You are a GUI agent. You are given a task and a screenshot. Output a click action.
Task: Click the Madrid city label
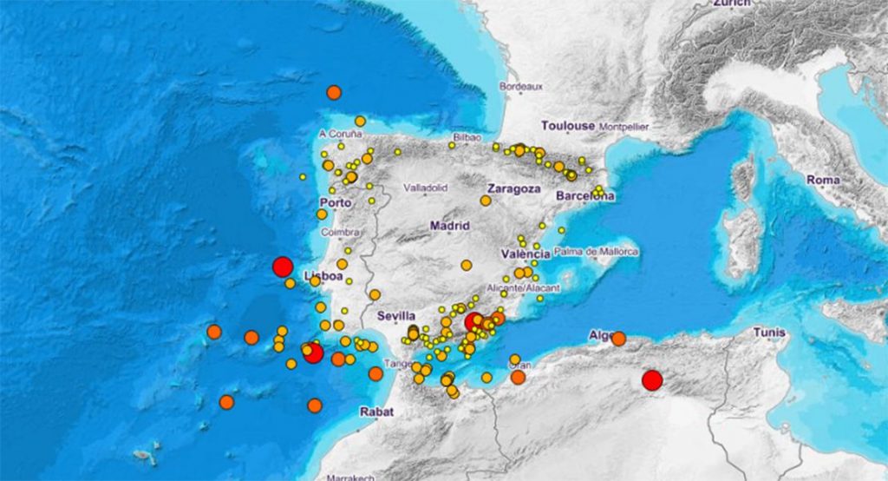(x=449, y=226)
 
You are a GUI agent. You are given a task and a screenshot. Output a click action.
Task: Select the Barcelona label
(x=584, y=195)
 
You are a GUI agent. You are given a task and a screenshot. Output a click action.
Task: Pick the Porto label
(x=335, y=203)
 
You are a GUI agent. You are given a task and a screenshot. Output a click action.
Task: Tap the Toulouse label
(x=568, y=126)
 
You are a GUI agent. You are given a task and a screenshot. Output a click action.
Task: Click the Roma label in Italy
(x=823, y=180)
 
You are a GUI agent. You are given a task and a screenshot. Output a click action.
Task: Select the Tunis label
(x=769, y=333)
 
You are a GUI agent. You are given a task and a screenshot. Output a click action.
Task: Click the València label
(x=526, y=254)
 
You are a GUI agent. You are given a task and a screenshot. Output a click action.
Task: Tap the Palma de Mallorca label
(x=596, y=252)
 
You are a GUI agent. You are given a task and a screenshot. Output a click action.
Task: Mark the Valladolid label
(x=425, y=187)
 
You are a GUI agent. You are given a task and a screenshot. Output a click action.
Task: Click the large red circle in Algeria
(x=651, y=380)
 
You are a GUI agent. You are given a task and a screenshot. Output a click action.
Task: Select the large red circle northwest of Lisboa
(x=282, y=267)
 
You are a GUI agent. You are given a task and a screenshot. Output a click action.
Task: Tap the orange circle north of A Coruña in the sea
(x=334, y=92)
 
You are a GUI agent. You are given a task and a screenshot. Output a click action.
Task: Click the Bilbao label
(x=467, y=137)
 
